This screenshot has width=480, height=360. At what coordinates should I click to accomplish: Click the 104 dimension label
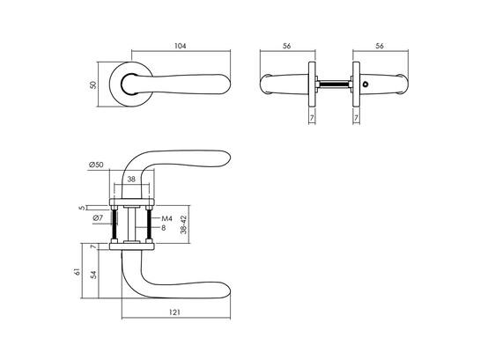[180, 46]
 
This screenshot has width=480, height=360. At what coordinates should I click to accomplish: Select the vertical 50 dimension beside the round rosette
[93, 84]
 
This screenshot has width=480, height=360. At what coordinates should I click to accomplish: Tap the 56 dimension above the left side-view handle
[286, 46]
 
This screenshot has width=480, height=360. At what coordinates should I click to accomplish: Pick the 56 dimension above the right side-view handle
[380, 46]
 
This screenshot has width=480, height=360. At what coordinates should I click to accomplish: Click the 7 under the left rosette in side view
[312, 117]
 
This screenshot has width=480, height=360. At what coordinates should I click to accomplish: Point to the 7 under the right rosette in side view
[356, 117]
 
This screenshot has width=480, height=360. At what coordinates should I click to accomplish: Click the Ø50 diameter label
[96, 165]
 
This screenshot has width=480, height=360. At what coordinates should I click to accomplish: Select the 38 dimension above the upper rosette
[131, 180]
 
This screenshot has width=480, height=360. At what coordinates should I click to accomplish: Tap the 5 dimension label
[81, 208]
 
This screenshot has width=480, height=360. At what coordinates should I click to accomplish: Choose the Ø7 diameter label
[98, 218]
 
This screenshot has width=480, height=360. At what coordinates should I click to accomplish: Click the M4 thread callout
[166, 218]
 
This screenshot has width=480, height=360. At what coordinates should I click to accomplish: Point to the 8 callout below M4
[164, 228]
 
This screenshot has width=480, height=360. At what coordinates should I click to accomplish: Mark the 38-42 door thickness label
[183, 224]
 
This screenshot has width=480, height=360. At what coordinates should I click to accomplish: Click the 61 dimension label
[78, 272]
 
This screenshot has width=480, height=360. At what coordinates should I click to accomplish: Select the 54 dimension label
[94, 275]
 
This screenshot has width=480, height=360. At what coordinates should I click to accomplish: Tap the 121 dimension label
[174, 312]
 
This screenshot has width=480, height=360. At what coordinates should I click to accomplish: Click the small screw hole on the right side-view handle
[365, 84]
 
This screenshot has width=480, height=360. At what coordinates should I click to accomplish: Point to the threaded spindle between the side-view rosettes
[334, 84]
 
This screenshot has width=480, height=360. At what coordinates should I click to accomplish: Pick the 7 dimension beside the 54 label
[94, 246]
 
